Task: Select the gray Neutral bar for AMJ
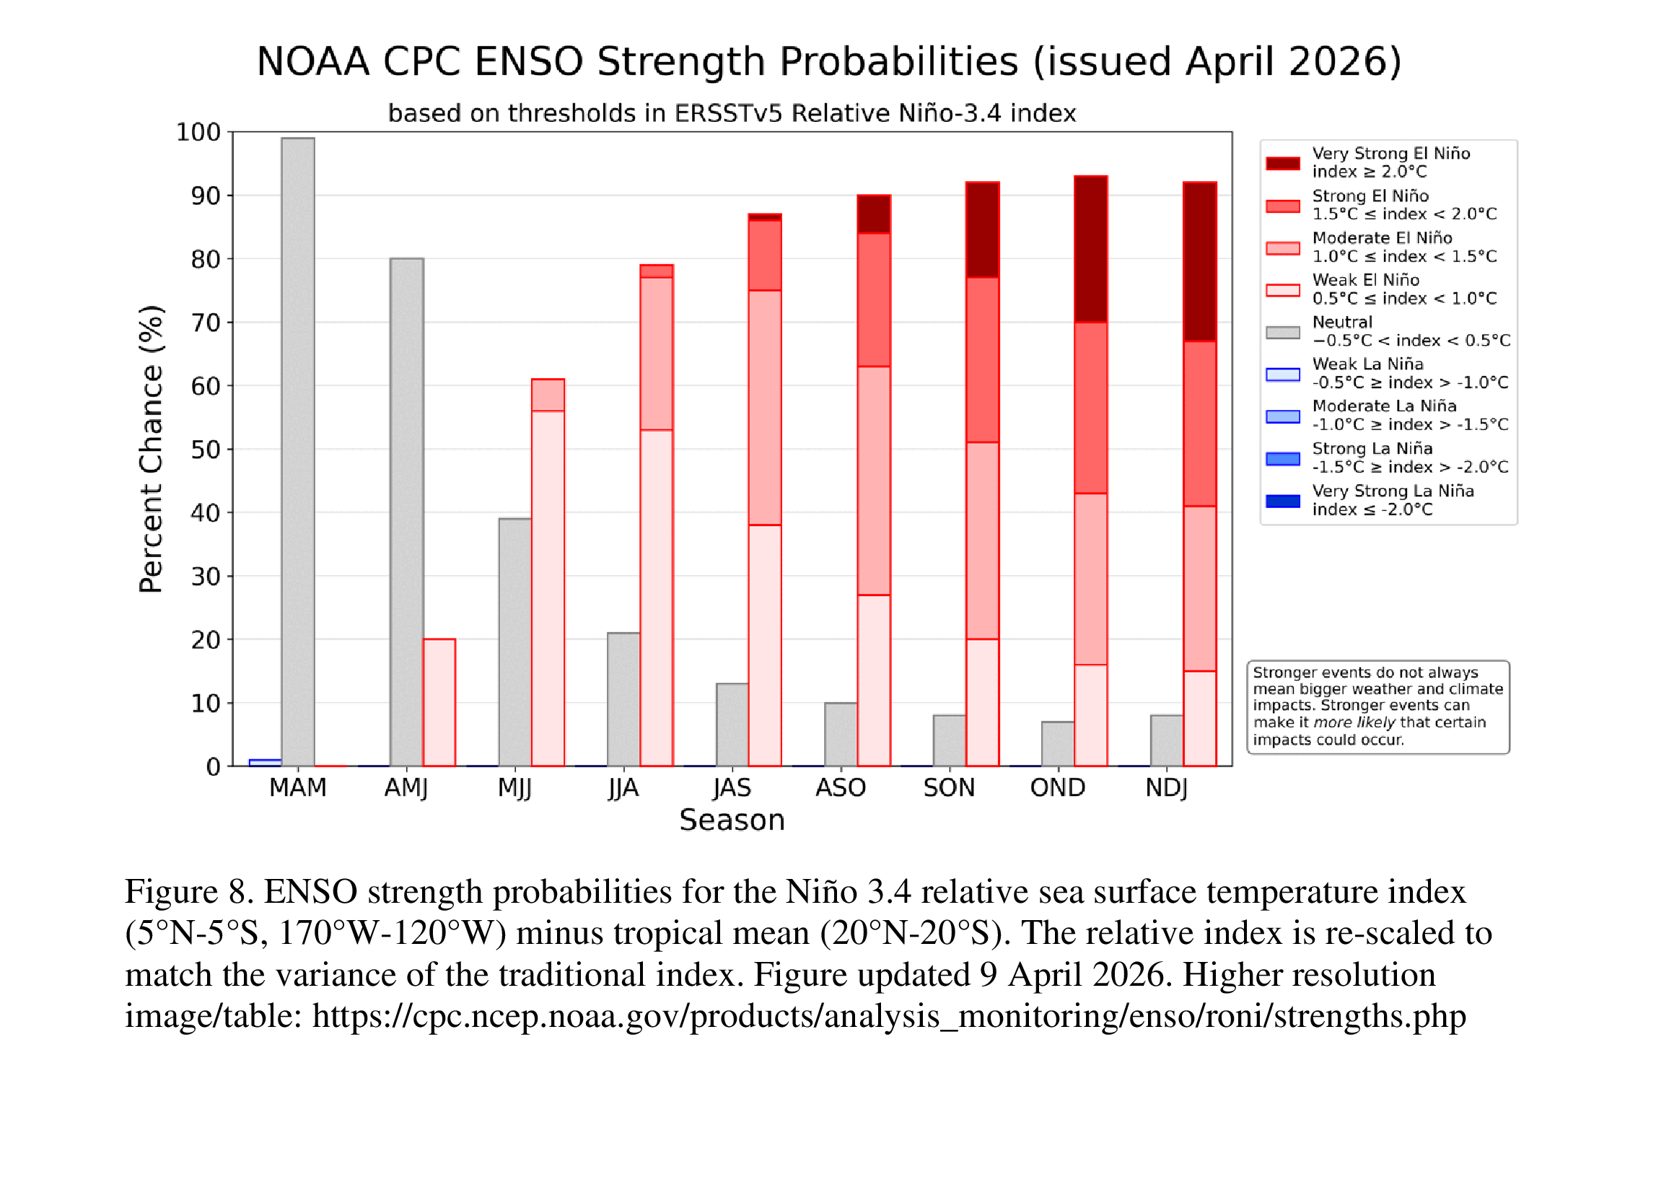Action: pyautogui.click(x=407, y=511)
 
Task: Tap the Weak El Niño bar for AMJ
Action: pyautogui.click(x=439, y=702)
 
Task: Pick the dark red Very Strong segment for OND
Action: pyautogui.click(x=1091, y=249)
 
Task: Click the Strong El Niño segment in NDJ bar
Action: pyautogui.click(x=1200, y=424)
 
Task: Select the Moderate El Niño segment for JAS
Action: pyautogui.click(x=765, y=408)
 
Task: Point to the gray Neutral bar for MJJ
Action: pyautogui.click(x=514, y=642)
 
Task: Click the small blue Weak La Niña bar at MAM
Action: pyautogui.click(x=265, y=763)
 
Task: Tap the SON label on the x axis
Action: pyautogui.click(x=948, y=788)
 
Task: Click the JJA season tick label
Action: pyautogui.click(x=623, y=788)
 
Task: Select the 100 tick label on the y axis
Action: pyautogui.click(x=198, y=132)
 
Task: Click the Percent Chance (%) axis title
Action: pyautogui.click(x=151, y=448)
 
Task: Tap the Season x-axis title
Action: pyautogui.click(x=732, y=820)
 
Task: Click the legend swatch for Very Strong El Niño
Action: pyautogui.click(x=1283, y=163)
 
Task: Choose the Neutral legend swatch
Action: pyautogui.click(x=1283, y=332)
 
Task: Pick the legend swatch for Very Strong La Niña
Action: pyautogui.click(x=1283, y=501)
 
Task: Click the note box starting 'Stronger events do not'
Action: pyautogui.click(x=1377, y=706)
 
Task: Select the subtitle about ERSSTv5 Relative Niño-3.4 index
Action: pyautogui.click(x=732, y=113)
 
